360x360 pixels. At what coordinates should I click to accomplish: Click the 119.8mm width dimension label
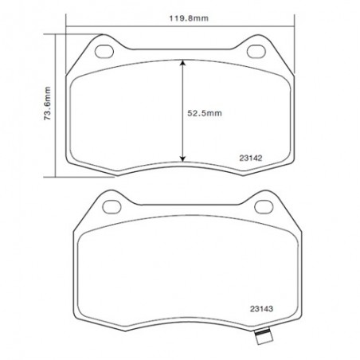[189, 18]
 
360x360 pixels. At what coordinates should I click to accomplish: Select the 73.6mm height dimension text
[47, 104]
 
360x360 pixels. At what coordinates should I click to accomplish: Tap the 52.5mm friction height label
[205, 113]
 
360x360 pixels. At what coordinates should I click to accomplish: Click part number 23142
[251, 158]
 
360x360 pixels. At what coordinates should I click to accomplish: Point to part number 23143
[261, 309]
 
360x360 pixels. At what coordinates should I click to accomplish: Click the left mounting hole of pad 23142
[104, 52]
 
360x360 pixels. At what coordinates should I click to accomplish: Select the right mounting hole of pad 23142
[256, 52]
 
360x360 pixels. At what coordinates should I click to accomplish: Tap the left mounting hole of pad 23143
[112, 207]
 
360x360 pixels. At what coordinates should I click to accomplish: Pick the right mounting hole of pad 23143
[264, 207]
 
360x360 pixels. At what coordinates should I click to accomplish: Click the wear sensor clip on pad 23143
[263, 336]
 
